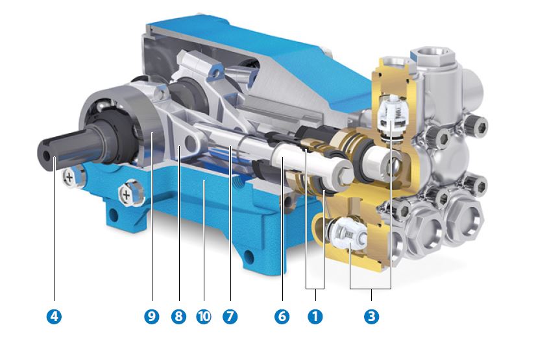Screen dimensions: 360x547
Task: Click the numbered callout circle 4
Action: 54,317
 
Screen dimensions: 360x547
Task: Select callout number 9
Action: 152,317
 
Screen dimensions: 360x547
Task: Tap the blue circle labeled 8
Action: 178,317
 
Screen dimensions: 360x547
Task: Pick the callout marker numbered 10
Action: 204,317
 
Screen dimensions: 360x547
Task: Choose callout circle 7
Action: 230,317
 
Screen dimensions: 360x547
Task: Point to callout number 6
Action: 281,317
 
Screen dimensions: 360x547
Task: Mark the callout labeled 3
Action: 371,317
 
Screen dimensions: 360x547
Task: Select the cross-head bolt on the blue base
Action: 127,193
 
